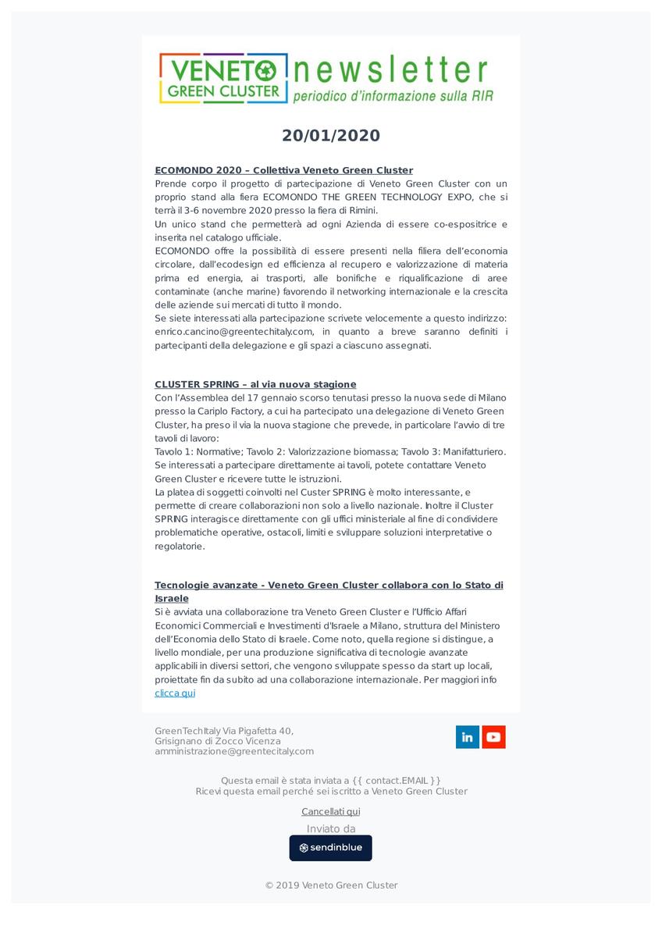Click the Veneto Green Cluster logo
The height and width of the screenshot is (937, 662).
pos(222,78)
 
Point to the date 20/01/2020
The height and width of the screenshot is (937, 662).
pos(331,136)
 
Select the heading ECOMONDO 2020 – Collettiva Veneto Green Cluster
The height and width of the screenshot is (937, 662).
pos(283,170)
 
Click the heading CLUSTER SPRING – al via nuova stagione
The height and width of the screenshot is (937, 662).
pos(255,384)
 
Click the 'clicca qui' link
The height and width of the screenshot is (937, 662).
pos(175,693)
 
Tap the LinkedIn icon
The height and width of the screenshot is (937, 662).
pos(468,737)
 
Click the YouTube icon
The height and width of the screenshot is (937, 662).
pos(493,737)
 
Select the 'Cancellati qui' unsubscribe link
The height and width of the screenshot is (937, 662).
pos(331,812)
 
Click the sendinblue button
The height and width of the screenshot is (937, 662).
pos(331,848)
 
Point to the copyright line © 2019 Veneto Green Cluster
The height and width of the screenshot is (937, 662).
pos(331,885)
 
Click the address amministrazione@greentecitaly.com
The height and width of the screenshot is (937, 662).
pos(234,751)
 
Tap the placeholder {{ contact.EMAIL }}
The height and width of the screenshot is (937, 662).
pos(397,780)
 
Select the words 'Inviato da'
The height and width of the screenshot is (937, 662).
pos(331,828)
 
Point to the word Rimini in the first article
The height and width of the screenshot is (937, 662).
pos(361,211)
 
